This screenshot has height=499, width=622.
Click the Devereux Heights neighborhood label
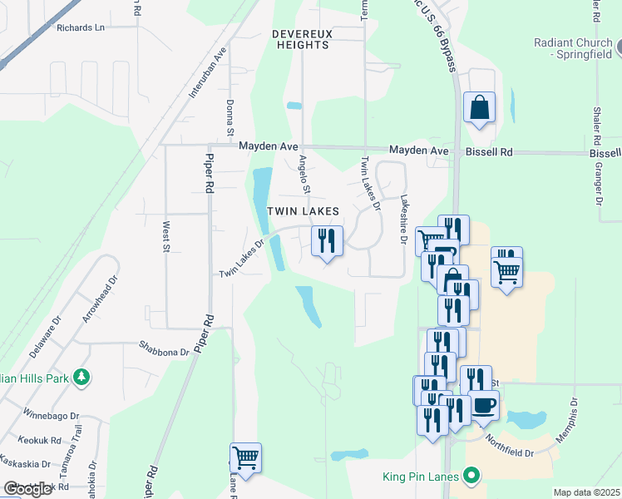(301, 39)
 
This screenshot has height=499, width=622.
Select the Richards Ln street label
(81, 27)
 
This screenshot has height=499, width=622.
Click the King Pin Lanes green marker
(472, 477)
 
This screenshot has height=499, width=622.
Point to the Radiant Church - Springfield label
(573, 49)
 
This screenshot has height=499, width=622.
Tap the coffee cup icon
(484, 406)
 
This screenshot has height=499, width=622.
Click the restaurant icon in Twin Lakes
(327, 241)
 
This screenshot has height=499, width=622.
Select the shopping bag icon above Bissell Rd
(480, 107)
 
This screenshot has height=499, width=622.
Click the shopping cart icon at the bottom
(245, 457)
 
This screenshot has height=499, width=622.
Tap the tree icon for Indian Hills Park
(81, 378)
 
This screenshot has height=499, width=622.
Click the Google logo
(27, 489)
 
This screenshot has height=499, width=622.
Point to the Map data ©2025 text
(586, 492)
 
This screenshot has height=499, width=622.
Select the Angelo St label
(304, 174)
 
